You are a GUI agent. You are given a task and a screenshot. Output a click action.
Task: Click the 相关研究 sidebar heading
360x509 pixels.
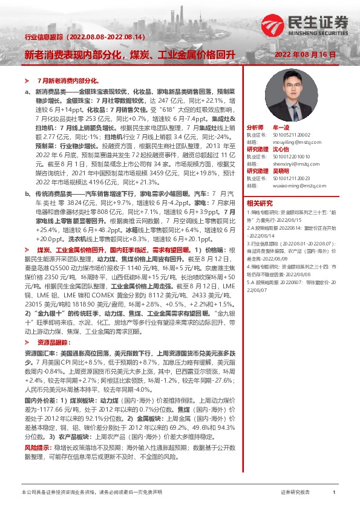260,203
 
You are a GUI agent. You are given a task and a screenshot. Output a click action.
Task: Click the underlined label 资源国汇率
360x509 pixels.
38,352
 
